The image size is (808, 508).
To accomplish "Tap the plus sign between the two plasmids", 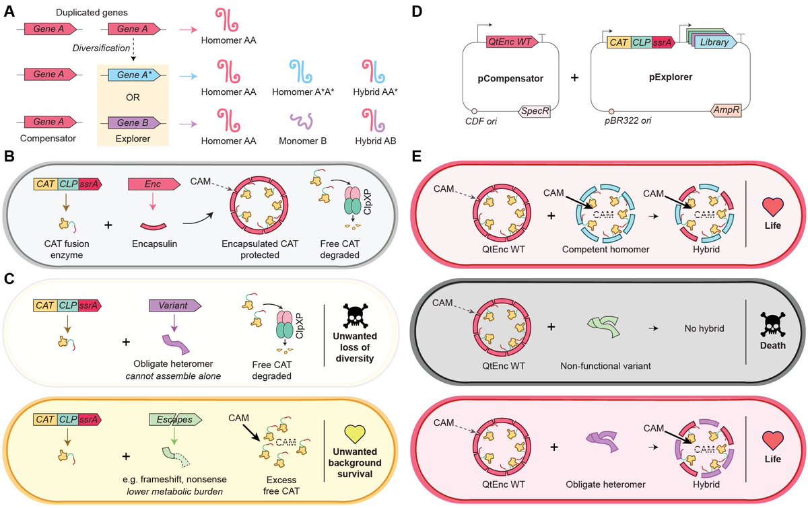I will pos(574,77).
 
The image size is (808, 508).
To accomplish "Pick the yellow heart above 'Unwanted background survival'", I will pos(353,435).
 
